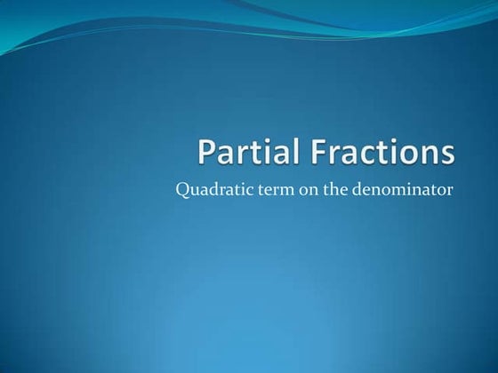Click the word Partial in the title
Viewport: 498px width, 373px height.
(250, 153)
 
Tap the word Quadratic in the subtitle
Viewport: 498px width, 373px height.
(210, 188)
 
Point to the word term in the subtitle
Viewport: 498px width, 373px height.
(266, 188)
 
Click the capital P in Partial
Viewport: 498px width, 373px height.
(206, 153)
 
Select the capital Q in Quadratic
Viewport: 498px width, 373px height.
(183, 188)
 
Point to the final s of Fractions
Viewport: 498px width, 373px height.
(446, 155)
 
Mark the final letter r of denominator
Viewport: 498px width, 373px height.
(451, 189)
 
